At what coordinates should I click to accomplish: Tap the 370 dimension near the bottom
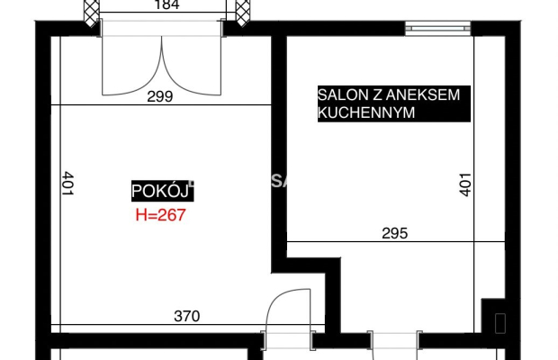tap(186, 316)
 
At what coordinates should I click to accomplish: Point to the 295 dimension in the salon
tap(394, 233)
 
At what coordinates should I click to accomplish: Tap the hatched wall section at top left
tap(91, 12)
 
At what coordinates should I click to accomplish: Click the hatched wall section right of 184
tap(242, 12)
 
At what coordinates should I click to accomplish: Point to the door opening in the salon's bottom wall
tap(394, 342)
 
